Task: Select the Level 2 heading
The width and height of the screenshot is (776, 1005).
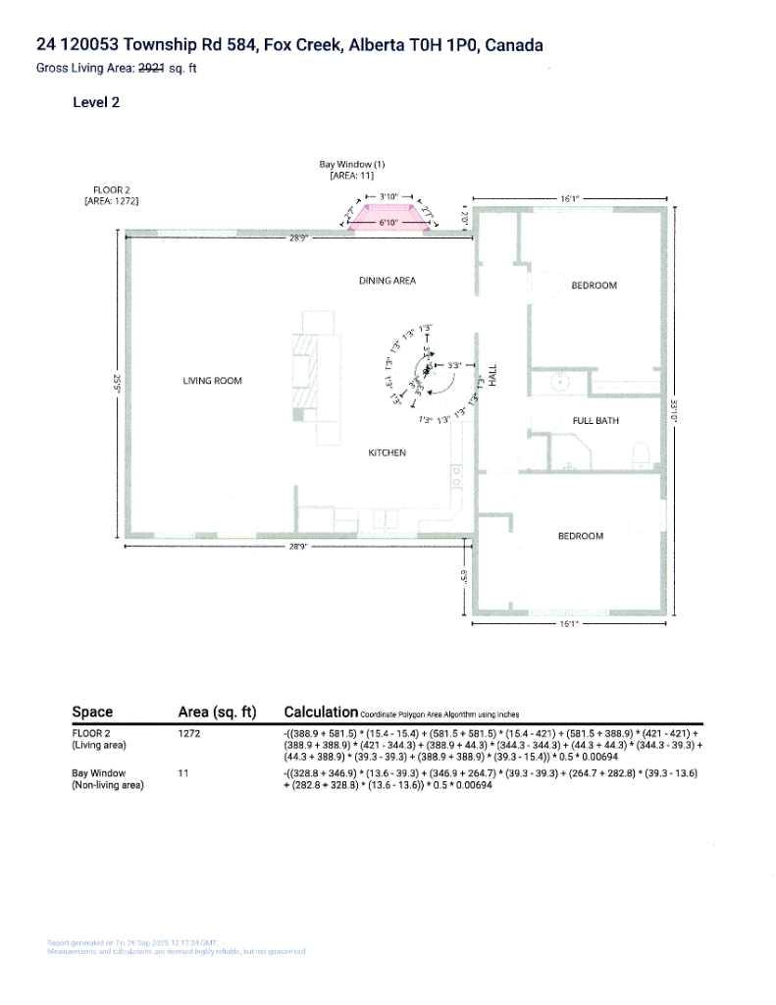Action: click(x=96, y=102)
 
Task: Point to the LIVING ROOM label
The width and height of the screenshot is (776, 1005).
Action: click(x=212, y=381)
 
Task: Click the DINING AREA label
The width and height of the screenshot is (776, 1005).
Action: click(x=387, y=281)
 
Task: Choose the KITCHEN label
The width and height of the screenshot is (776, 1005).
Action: click(x=387, y=452)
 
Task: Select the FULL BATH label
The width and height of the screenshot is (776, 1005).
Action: click(x=595, y=420)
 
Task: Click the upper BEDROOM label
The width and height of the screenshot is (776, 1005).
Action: click(x=594, y=286)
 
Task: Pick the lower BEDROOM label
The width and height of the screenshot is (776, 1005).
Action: click(x=580, y=536)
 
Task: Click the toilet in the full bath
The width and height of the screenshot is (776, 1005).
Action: click(x=643, y=452)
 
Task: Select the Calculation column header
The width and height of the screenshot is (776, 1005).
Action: click(x=320, y=712)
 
